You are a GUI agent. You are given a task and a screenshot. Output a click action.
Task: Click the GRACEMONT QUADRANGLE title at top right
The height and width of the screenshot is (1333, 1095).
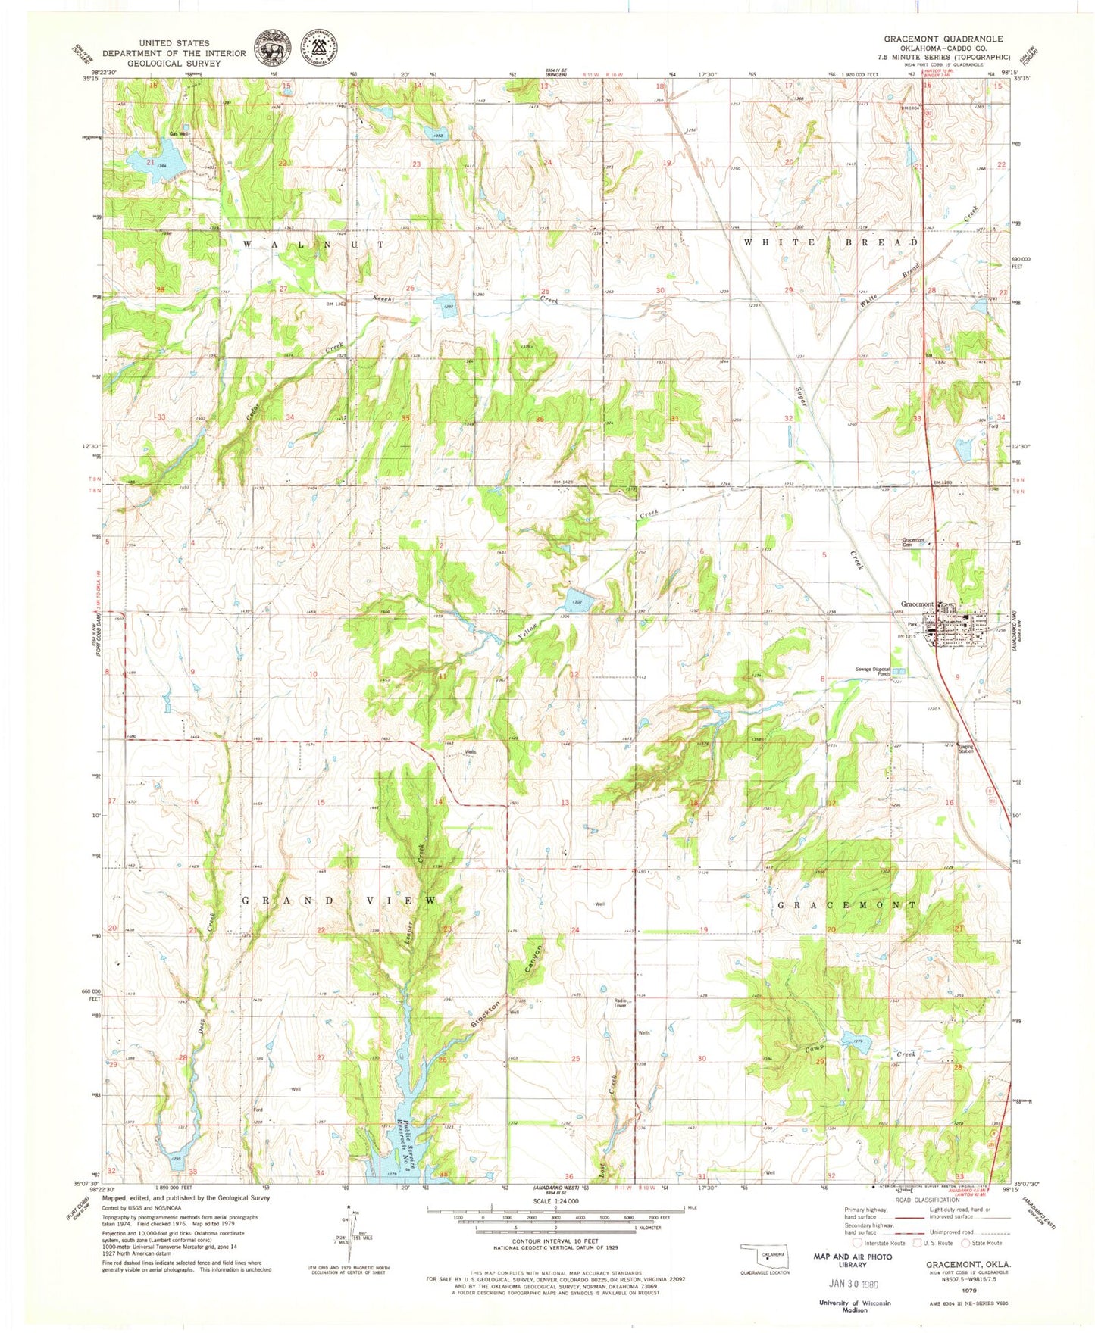tap(943, 39)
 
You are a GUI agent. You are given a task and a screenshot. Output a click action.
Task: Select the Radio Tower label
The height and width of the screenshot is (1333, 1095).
tap(620, 1004)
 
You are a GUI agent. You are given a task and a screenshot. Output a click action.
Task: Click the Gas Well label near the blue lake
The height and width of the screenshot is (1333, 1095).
tap(179, 134)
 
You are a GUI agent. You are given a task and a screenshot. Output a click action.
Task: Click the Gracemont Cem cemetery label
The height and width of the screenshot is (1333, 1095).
tap(913, 542)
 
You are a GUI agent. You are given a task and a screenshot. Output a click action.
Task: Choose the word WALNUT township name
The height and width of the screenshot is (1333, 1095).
tap(314, 245)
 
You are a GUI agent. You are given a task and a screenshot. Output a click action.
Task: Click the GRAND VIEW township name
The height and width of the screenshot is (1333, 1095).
tap(339, 901)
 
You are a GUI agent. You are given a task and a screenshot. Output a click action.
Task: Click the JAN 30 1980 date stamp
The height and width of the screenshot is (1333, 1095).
tap(853, 1284)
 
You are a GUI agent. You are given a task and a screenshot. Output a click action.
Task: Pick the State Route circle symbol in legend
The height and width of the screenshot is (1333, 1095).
tap(966, 1243)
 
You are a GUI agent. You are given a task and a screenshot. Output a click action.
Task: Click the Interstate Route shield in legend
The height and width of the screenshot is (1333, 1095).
tap(857, 1243)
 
